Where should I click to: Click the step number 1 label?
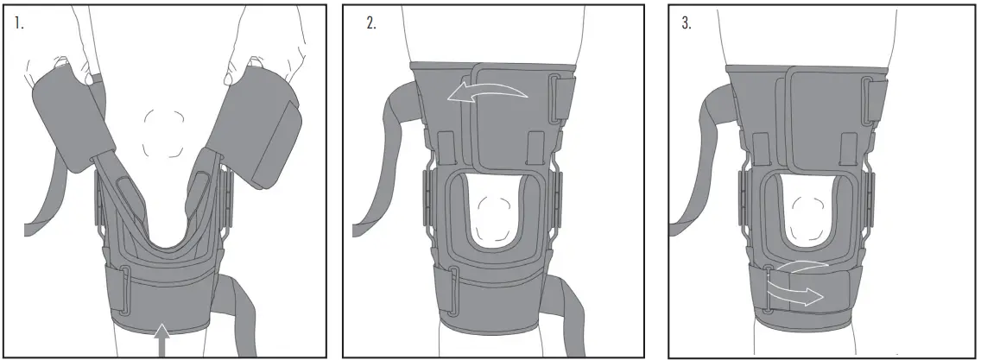[18, 23]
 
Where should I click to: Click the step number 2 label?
[371, 23]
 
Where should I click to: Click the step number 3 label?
[687, 23]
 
